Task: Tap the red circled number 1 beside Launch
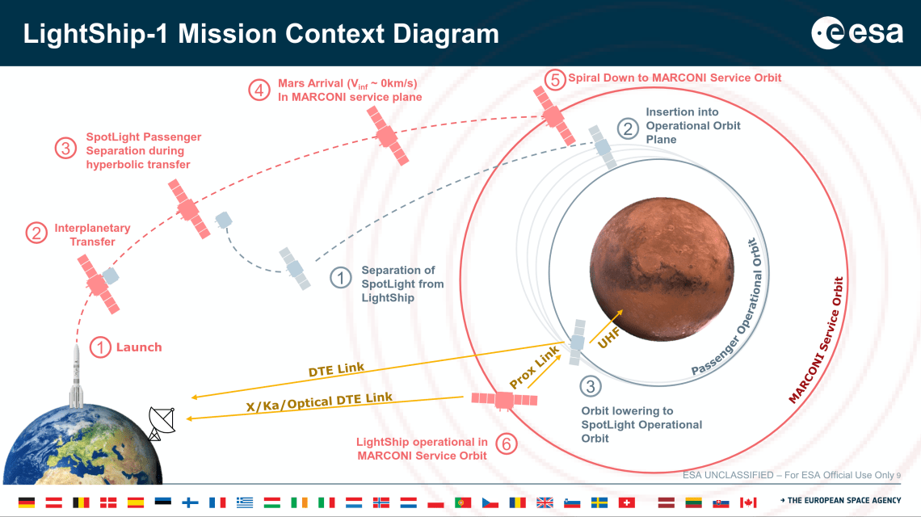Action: coord(99,347)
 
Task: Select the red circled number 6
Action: coord(506,443)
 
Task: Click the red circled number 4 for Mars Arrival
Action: coord(259,90)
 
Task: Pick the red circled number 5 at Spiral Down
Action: coord(553,79)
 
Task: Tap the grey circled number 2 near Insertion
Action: coord(627,127)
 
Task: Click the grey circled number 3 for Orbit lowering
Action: coord(591,387)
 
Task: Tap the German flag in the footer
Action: coord(27,502)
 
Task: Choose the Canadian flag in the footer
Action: coord(748,502)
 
